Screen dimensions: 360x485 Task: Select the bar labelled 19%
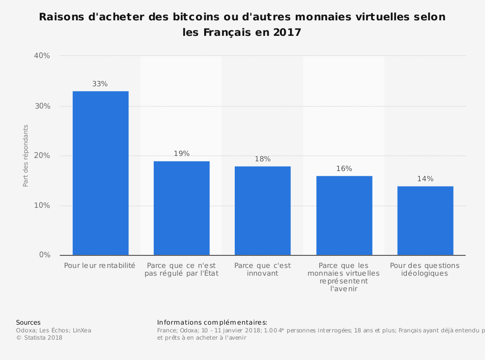(181, 208)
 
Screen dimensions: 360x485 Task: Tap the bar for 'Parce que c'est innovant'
(262, 211)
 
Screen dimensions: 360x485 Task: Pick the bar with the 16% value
(344, 216)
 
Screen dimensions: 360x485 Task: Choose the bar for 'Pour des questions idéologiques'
(425, 220)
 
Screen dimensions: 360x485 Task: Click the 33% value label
(100, 84)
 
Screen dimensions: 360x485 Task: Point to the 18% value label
(262, 159)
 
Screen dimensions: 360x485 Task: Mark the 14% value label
(425, 179)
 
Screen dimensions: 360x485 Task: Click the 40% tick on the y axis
(42, 56)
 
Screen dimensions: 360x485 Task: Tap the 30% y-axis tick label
(42, 106)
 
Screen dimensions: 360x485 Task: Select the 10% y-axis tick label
(42, 205)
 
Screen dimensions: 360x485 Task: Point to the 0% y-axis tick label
(44, 255)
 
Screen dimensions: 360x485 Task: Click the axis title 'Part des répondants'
(26, 156)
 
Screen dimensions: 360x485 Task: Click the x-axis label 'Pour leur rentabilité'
(99, 266)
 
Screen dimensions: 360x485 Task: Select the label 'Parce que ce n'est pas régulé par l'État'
(181, 269)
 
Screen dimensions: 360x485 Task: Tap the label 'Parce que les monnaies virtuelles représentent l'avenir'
(344, 277)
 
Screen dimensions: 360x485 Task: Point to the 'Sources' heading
(28, 322)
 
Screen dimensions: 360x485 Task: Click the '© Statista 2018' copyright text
(39, 338)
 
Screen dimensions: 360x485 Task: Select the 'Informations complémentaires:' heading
(212, 322)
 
